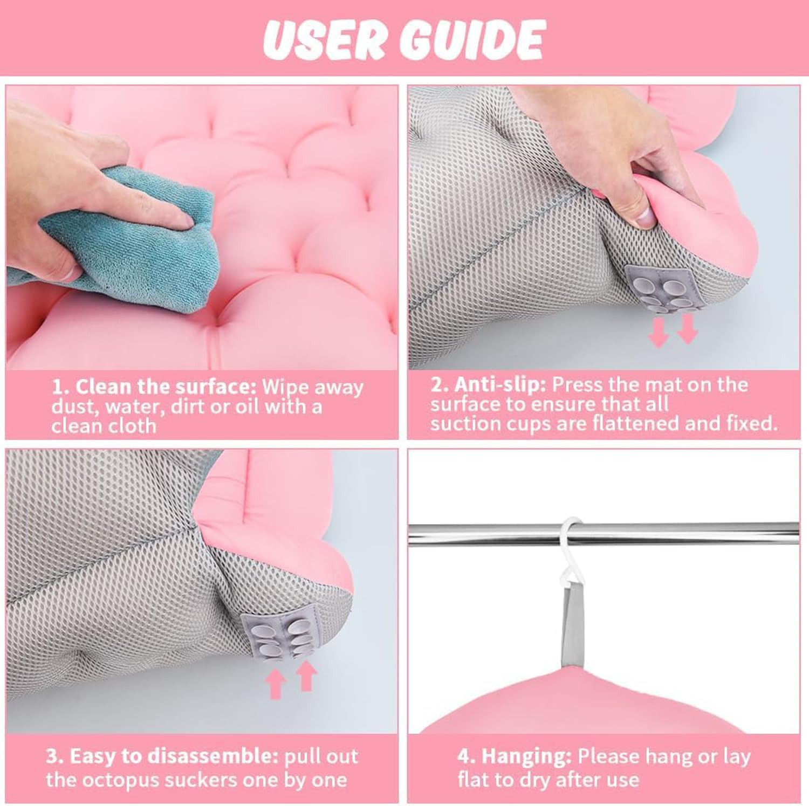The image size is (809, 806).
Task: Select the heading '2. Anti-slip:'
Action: (x=488, y=384)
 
